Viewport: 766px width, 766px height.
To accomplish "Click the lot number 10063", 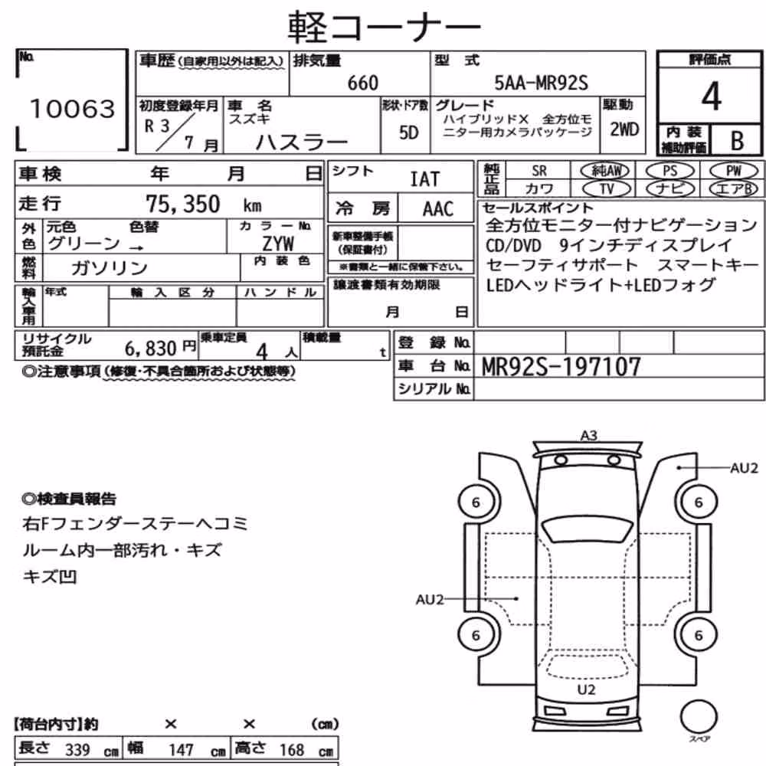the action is coord(73,109).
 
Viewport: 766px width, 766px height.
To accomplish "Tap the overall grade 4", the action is coord(712,97).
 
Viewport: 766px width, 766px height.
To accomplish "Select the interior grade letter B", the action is coord(737,140).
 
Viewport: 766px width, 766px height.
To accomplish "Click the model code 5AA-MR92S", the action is coord(542,83).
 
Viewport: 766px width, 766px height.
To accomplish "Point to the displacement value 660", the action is coord(363,83).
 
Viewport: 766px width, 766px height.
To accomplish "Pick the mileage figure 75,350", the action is coord(183,204).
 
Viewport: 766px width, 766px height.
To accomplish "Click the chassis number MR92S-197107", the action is coord(561,366).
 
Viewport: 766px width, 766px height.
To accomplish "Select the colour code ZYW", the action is coord(278,244).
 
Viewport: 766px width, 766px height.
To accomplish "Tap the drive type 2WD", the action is coord(624,129).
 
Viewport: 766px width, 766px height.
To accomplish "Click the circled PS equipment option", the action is coord(669,171).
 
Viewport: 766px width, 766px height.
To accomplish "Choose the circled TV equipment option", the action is coord(606,188).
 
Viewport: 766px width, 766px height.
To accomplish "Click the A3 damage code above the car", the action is coord(588,435).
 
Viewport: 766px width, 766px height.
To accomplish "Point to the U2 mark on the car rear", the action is coord(586,689).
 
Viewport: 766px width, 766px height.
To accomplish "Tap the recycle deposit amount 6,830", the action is coord(150,349).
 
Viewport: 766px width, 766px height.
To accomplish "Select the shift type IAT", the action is coord(424,179).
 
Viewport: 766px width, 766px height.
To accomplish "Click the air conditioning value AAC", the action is coord(437,208).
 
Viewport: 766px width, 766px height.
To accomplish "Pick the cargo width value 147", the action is coord(182,749).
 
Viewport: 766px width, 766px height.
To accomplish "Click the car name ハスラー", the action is coord(301,142).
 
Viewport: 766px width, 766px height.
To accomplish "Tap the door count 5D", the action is coord(409,133).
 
